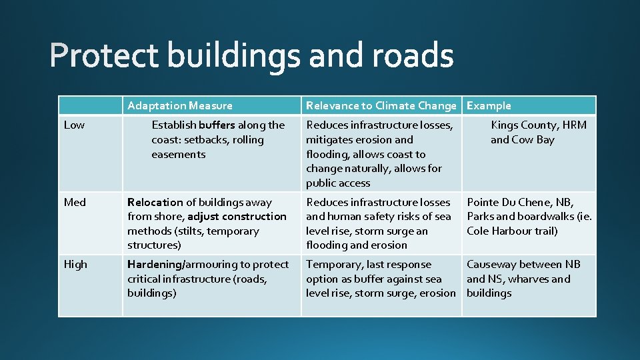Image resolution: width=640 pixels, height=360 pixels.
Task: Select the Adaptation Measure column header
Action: [179, 105]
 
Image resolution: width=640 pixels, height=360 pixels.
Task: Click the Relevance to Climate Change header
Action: [381, 105]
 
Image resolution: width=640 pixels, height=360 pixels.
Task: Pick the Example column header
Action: [489, 105]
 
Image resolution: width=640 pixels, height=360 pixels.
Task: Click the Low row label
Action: [74, 125]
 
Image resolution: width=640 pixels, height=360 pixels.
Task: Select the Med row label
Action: [75, 202]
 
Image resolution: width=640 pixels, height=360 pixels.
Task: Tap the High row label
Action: [75, 265]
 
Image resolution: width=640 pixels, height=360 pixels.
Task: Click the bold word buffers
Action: [217, 125]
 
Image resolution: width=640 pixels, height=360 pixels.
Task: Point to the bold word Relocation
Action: [155, 202]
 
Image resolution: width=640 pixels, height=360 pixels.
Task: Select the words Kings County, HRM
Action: [539, 125]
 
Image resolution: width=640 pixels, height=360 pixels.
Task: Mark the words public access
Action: [338, 183]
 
